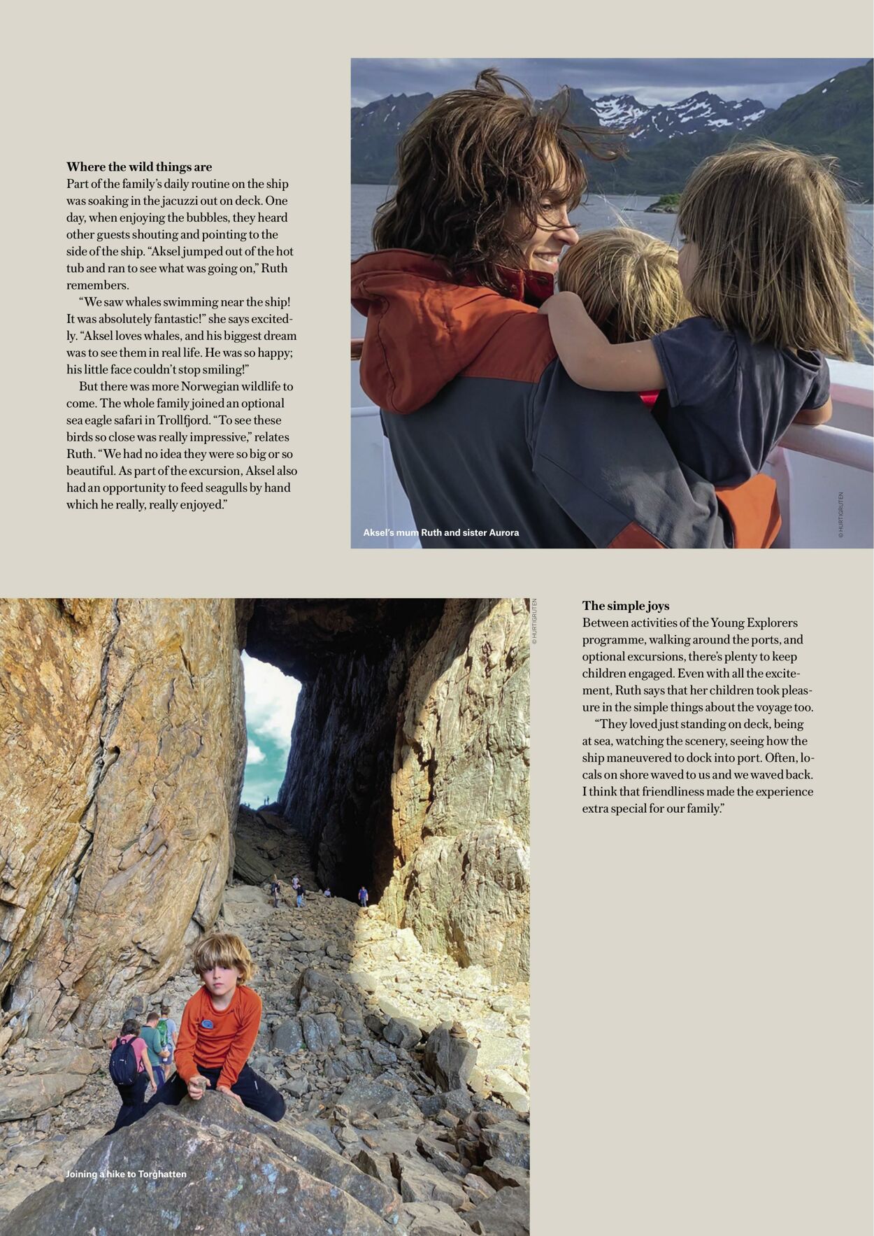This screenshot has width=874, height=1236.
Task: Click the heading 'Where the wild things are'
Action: pos(139,167)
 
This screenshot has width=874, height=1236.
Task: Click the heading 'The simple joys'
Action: pos(625,606)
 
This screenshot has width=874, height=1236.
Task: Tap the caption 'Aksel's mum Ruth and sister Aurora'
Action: pos(440,532)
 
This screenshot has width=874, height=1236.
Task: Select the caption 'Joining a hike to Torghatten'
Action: pos(126,1174)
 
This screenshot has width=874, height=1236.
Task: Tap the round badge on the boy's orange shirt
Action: pos(207,1024)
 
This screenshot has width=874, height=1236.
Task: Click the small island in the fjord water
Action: pos(661,203)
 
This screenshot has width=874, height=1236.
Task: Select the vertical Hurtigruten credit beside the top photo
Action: pos(840,515)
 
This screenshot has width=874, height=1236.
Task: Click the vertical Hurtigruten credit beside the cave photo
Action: pos(534,621)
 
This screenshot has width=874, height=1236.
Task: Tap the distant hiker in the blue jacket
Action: pos(363,895)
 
